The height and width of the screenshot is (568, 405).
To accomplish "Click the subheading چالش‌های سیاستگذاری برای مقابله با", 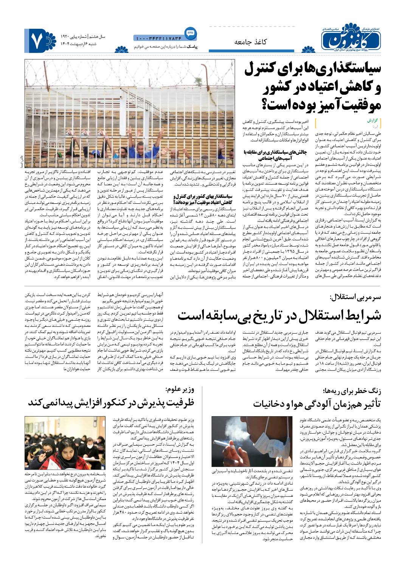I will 277,152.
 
